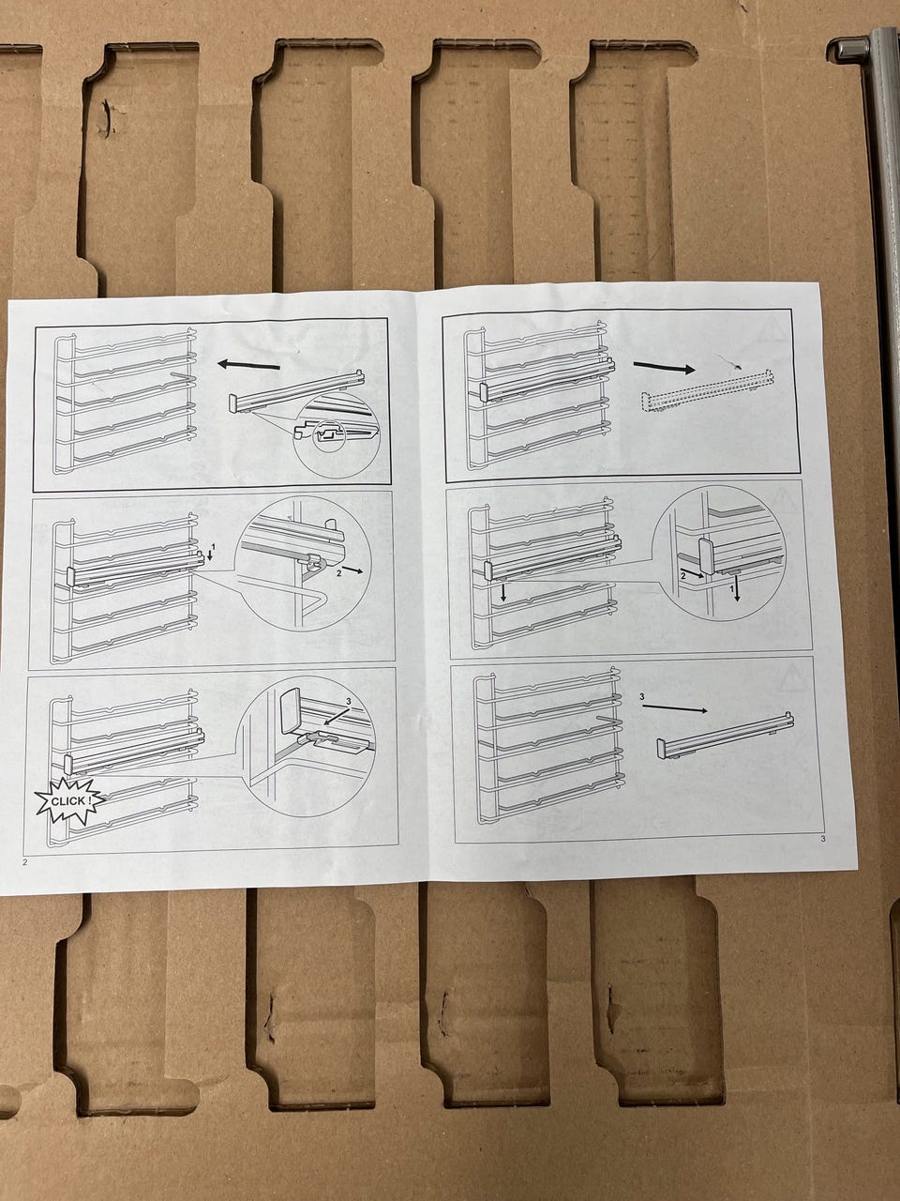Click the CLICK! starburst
69,801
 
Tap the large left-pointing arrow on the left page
248,365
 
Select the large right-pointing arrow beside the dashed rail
664,367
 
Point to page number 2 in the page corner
24,863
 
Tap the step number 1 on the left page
214,547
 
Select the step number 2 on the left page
339,573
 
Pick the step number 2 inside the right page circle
683,575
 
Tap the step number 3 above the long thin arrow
642,697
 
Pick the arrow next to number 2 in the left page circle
352,570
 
